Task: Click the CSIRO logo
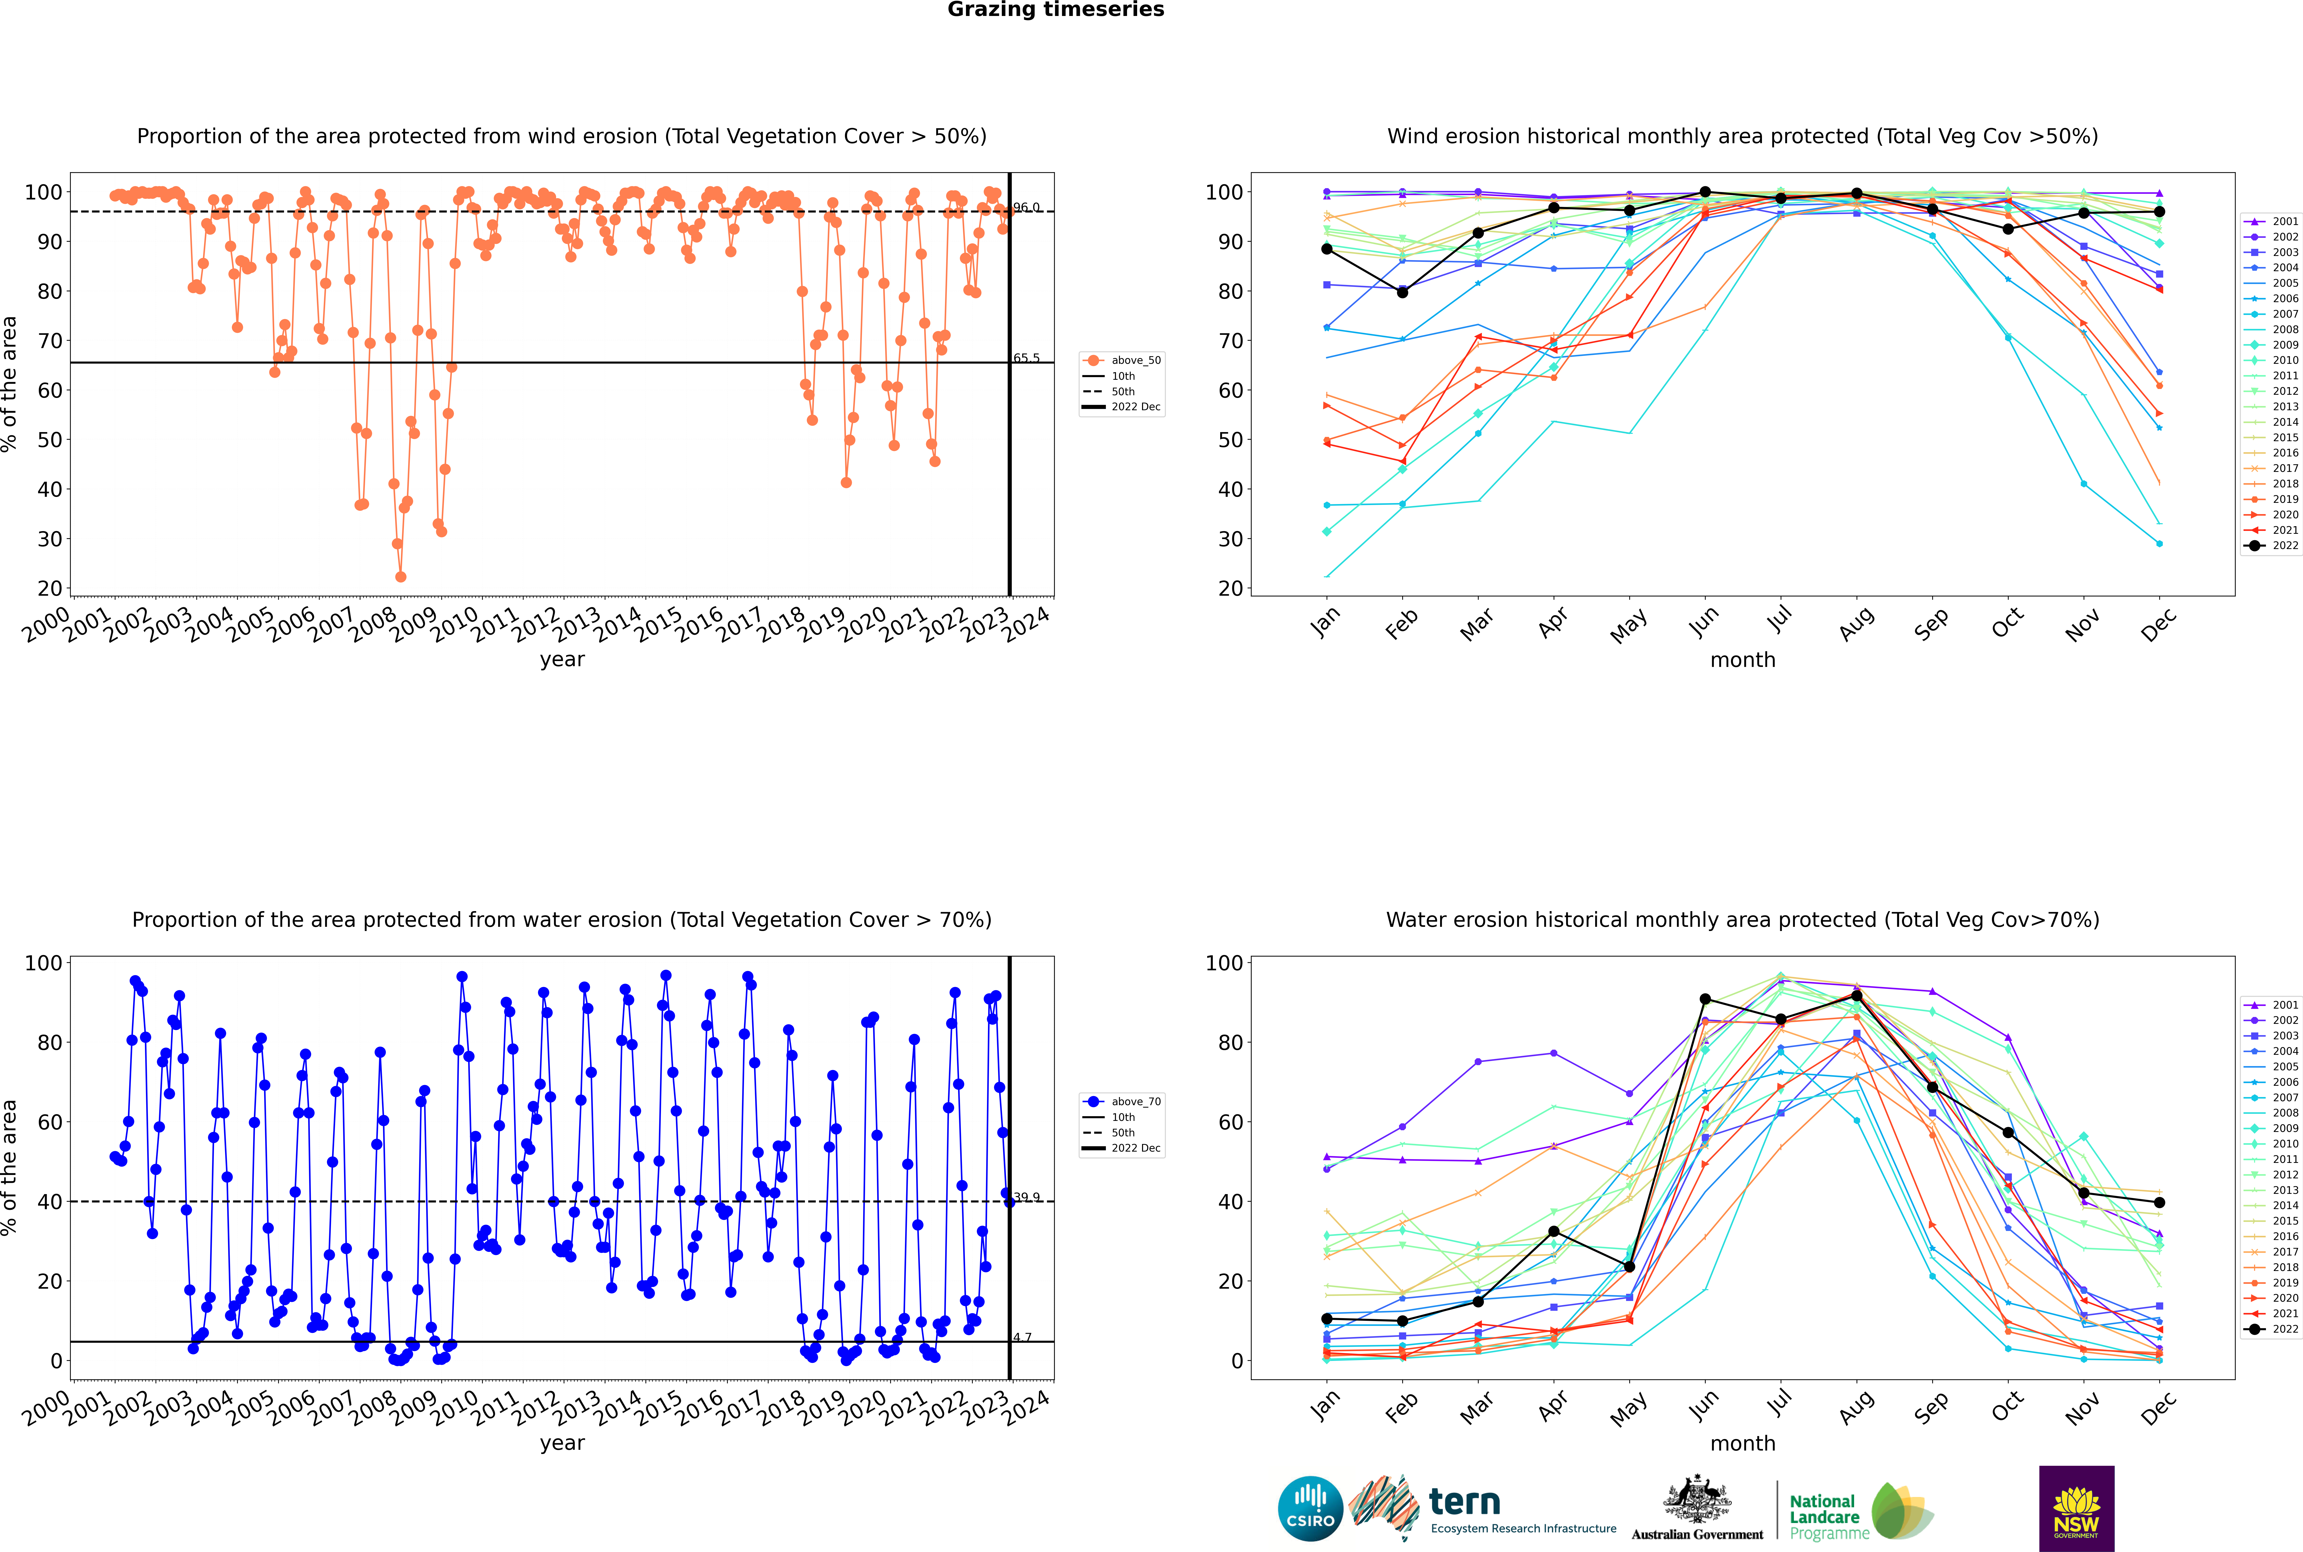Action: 1310,1509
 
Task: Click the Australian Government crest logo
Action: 1697,1509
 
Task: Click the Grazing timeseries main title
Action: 1056,10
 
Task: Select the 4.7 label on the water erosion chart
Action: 1022,1337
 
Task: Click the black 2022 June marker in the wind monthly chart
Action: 1705,192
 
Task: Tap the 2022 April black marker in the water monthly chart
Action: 1554,1231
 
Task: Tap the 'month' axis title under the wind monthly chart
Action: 1743,660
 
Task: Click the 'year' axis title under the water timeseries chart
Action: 562,1443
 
